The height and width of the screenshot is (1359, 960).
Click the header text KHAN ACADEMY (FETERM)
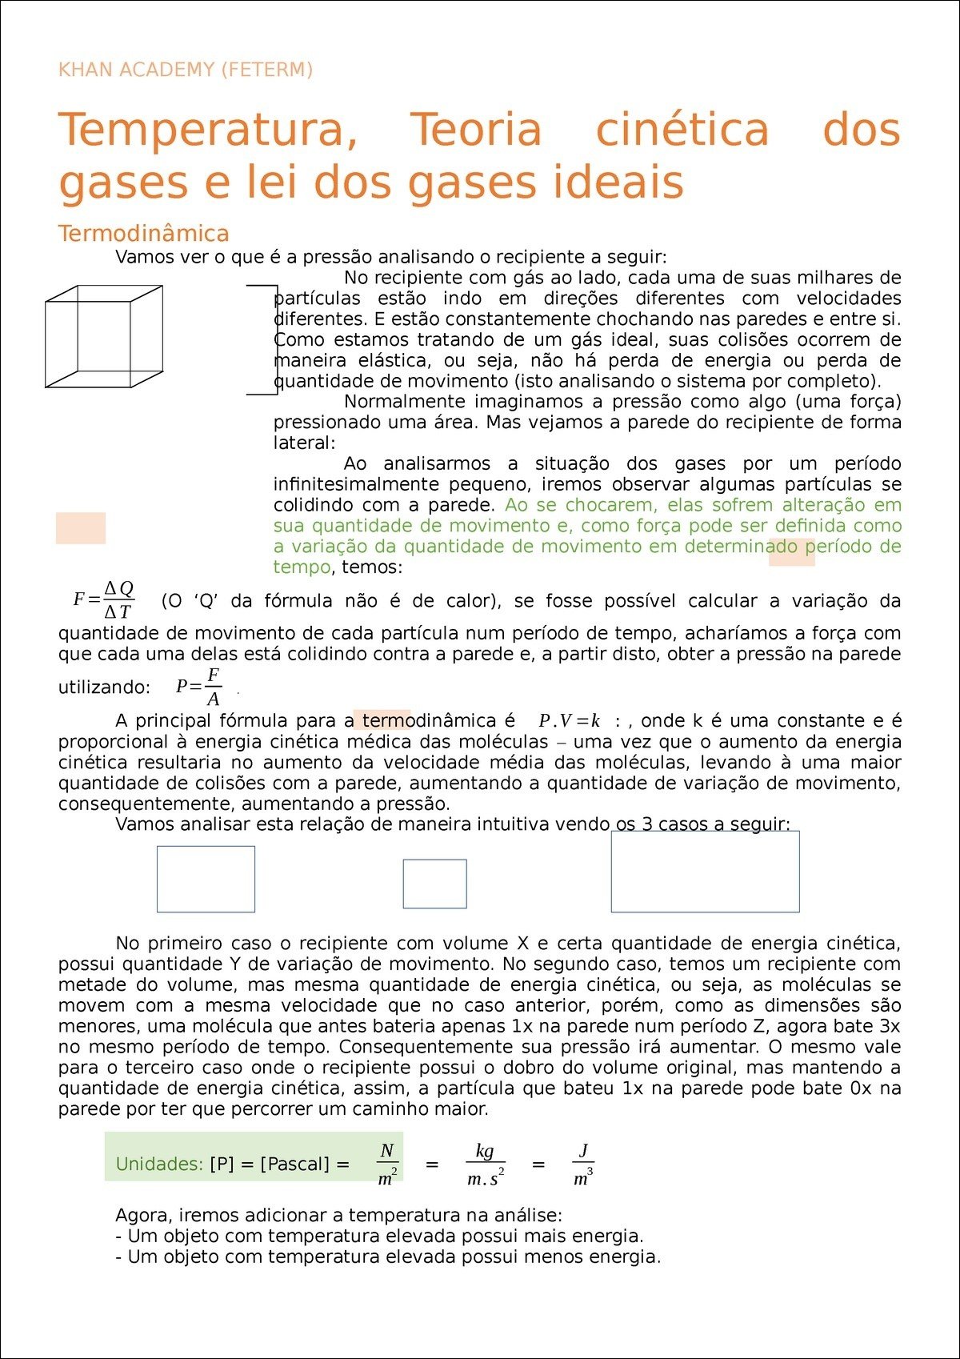pos(185,70)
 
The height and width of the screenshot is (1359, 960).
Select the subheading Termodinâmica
pos(143,234)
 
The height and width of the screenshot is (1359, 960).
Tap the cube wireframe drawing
pos(104,336)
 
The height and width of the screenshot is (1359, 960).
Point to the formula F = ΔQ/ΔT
pos(104,600)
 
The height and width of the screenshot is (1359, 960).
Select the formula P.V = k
pos(569,720)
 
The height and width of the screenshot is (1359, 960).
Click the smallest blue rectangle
pos(434,884)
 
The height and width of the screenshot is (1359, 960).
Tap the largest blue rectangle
pos(705,872)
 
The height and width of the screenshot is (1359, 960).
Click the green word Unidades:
pos(159,1165)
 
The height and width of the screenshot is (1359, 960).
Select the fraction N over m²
pos(387,1165)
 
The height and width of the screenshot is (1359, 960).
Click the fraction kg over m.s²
pos(485,1165)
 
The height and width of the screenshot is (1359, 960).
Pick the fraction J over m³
pos(583,1165)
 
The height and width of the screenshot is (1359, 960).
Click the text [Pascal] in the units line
pos(294,1165)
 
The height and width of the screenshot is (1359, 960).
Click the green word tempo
pos(302,567)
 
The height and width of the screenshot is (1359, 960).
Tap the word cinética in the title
pos(682,130)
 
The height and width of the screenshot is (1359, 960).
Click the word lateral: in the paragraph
pos(304,443)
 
